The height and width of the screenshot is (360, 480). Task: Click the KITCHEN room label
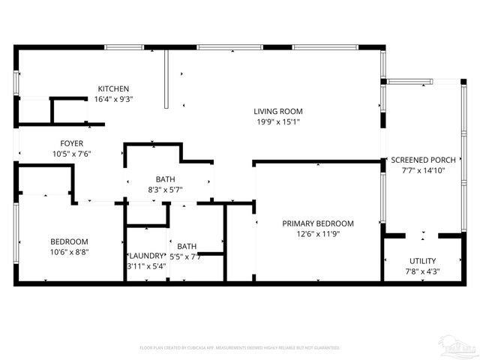click(113, 88)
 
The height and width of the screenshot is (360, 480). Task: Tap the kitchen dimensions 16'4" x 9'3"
click(114, 98)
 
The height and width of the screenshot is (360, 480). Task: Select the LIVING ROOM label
click(277, 111)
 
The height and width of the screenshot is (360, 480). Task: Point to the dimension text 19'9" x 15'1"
click(277, 121)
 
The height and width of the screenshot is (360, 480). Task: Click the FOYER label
click(72, 143)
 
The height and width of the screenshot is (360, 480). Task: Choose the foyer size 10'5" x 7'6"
click(72, 154)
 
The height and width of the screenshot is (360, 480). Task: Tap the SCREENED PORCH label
click(422, 160)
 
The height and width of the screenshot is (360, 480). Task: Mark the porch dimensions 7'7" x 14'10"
click(422, 170)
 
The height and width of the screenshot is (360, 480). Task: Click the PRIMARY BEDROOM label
click(317, 223)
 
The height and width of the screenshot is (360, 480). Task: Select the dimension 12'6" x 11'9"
click(317, 234)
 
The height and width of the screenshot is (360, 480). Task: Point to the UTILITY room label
click(422, 261)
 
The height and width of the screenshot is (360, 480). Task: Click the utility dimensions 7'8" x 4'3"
click(422, 271)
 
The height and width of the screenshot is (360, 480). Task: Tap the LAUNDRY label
click(145, 256)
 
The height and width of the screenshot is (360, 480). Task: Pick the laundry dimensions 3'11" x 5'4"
click(145, 265)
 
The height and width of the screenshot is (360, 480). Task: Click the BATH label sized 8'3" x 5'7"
click(166, 179)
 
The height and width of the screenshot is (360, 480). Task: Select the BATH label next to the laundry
click(187, 246)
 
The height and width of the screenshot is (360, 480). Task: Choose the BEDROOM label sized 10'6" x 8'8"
click(70, 241)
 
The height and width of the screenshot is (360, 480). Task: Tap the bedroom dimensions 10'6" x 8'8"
click(70, 252)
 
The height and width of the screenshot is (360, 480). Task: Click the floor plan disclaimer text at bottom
click(240, 348)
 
